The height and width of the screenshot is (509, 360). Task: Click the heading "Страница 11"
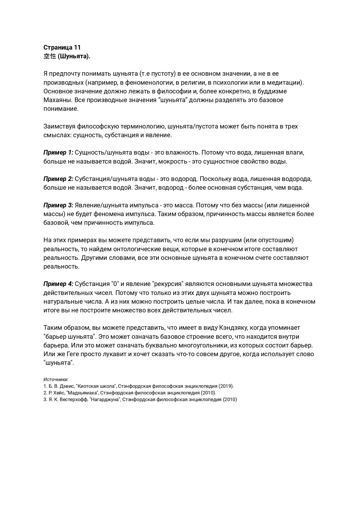click(x=62, y=47)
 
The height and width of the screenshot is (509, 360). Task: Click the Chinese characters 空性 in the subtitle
click(x=50, y=56)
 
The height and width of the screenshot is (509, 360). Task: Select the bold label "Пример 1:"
click(x=58, y=153)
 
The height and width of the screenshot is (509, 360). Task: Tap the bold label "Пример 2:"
click(x=58, y=179)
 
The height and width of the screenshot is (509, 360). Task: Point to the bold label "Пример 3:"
click(x=58, y=205)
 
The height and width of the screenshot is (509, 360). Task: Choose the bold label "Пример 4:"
click(x=58, y=284)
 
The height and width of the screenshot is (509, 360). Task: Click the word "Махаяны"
click(x=57, y=100)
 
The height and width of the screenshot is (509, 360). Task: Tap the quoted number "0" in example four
click(x=114, y=284)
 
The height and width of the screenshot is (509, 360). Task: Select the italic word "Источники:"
click(x=56, y=379)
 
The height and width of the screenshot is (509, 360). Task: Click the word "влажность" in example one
click(x=184, y=153)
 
